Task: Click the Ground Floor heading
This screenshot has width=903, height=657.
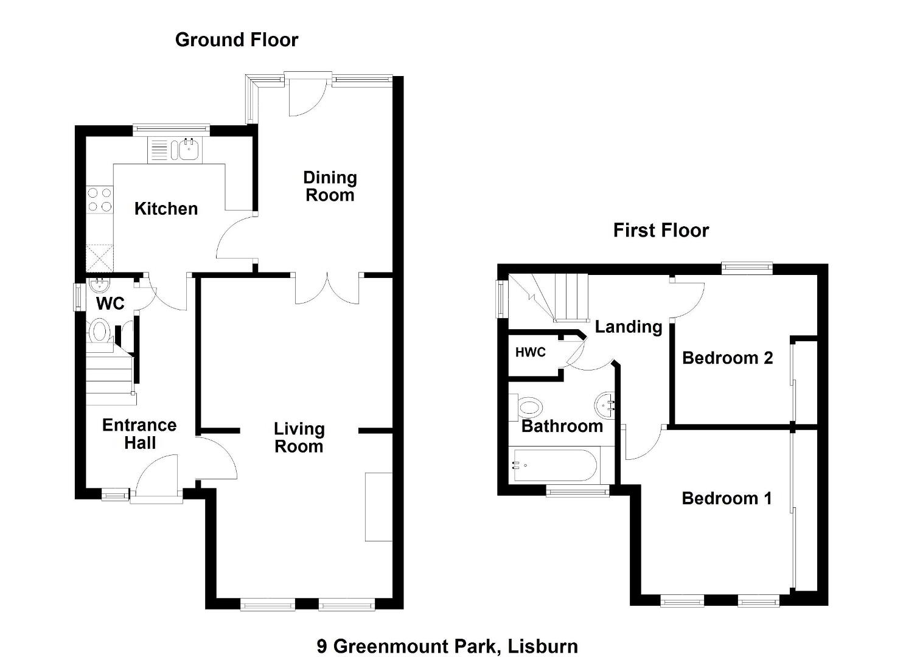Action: [x=237, y=40]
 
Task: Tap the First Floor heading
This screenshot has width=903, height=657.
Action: [x=661, y=231]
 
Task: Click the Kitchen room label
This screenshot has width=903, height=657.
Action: [x=166, y=209]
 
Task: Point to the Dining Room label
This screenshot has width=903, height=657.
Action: [x=330, y=187]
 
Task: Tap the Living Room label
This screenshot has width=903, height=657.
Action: [x=299, y=438]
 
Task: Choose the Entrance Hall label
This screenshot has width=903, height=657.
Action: [x=139, y=434]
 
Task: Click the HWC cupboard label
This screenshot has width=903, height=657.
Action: [x=531, y=352]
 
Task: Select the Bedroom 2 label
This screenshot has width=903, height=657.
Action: [x=728, y=358]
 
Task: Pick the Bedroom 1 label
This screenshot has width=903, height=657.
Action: [x=727, y=499]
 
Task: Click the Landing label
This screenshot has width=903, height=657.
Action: [x=629, y=327]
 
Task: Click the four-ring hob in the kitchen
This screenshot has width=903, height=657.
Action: [x=100, y=200]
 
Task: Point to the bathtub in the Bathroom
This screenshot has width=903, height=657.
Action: [x=555, y=466]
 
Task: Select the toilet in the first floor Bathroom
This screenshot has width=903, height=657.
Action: [x=526, y=408]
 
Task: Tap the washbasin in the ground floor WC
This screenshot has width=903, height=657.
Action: [x=99, y=285]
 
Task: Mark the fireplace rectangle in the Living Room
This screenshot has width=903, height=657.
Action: [x=378, y=507]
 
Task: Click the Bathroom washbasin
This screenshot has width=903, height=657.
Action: [x=604, y=405]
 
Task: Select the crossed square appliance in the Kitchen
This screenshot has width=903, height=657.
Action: [x=100, y=258]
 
